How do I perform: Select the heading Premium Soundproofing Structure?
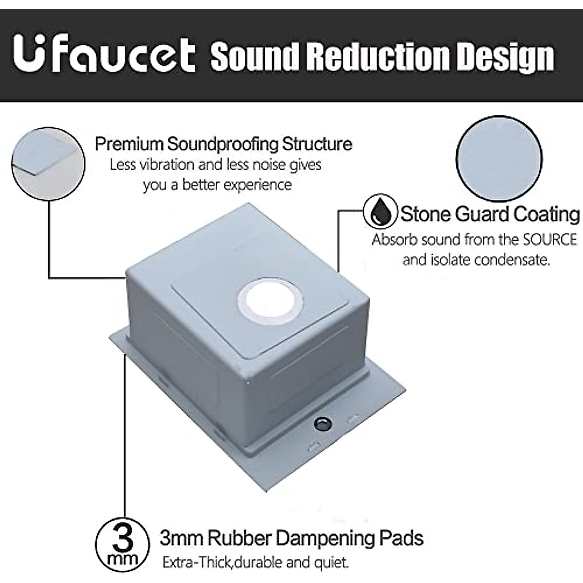(x=223, y=144)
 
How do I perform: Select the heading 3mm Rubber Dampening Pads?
(x=291, y=538)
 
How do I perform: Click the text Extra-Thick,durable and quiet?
(x=256, y=563)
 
